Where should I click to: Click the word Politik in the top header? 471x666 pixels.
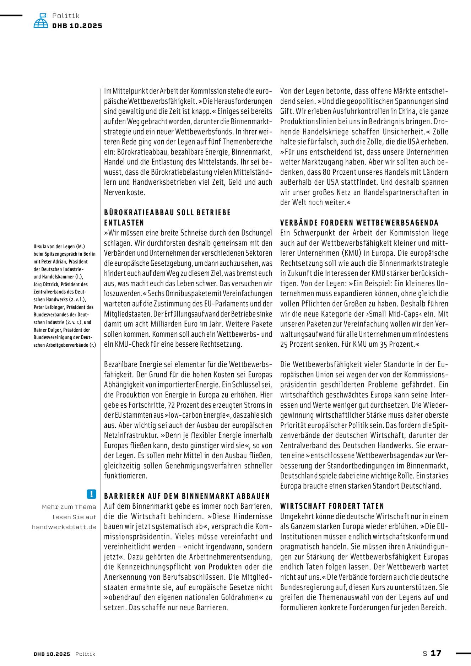pos(66,16)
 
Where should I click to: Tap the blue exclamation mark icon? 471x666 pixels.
pos(91,494)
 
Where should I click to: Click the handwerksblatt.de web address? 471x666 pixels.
pos(64,527)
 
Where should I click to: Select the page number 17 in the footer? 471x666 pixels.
pos(436,653)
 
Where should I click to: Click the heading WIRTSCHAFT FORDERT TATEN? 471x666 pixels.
pos(332,506)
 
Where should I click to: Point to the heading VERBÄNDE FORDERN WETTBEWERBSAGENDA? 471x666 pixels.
pos(359,223)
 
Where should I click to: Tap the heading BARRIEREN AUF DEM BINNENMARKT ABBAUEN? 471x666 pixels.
pos(187,496)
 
